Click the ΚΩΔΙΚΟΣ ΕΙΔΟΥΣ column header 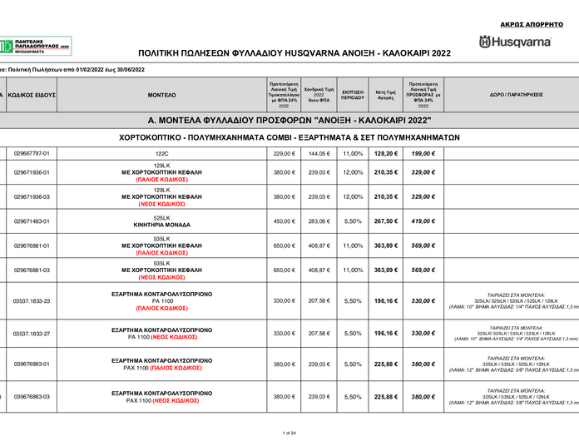32,96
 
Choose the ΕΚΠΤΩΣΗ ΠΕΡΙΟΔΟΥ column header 353,96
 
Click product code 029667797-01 32,154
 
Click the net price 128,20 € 385,154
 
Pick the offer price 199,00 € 423,154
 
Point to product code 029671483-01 32,221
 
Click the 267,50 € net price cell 385,221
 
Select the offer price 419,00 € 423,221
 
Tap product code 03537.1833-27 32,333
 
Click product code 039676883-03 32,397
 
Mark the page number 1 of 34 289,433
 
